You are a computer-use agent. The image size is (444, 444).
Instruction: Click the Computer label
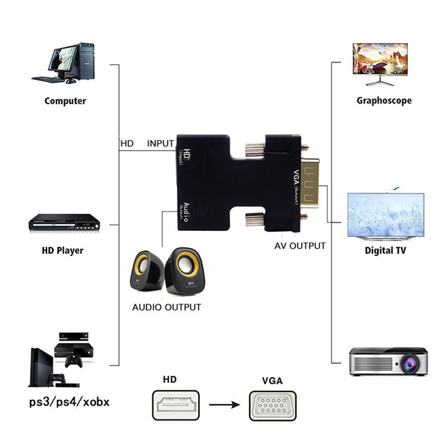(65, 101)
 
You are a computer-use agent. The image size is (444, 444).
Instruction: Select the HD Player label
(63, 250)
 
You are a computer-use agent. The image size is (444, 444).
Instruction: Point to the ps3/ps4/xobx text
(69, 401)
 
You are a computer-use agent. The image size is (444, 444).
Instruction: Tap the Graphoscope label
(384, 100)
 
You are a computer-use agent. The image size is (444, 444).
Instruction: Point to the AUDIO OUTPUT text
(167, 307)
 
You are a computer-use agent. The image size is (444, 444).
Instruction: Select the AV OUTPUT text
(300, 245)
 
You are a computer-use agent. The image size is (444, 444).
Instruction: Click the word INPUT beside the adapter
(160, 143)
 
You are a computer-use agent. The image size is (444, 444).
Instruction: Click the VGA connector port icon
(272, 407)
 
